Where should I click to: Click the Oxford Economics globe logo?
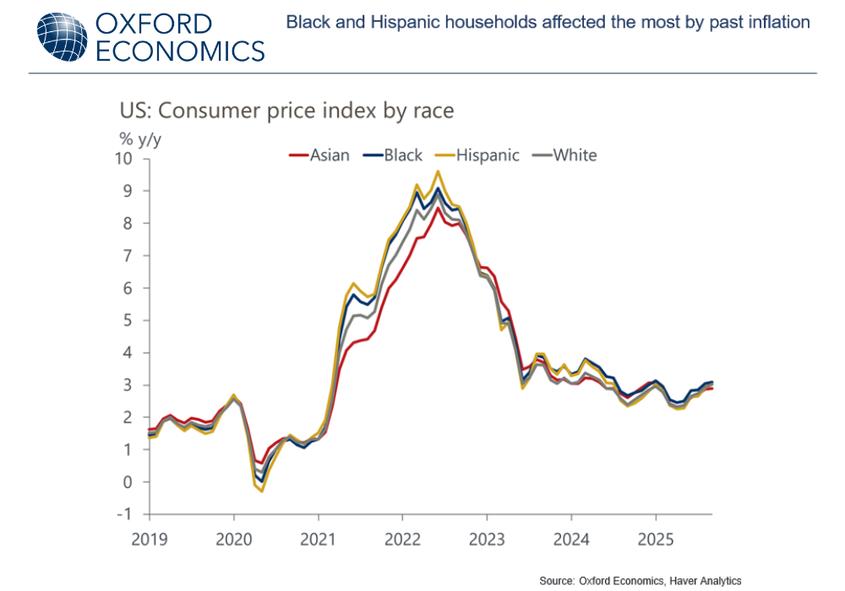(61, 35)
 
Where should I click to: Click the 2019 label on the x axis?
(149, 538)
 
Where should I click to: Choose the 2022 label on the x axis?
(403, 538)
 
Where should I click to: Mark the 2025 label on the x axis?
(657, 538)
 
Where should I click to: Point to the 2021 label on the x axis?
(319, 538)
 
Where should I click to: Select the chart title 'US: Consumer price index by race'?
(287, 111)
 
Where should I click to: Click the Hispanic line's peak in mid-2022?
(438, 171)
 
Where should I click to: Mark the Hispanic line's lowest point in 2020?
(262, 491)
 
